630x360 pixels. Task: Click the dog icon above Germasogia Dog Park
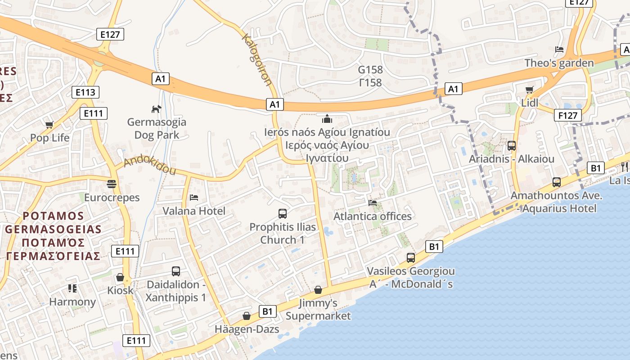tap(156, 109)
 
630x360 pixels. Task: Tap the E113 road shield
tap(85, 93)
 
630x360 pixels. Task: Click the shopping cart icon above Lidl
tap(530, 90)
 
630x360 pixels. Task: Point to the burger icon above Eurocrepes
tap(112, 184)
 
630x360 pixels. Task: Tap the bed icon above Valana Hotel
tap(194, 198)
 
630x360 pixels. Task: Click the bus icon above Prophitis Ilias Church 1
tap(283, 214)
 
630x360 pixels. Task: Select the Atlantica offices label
tap(372, 216)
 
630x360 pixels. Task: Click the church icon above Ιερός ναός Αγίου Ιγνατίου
tap(327, 119)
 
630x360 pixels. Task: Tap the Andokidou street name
tap(149, 165)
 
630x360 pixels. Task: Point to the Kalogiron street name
tap(257, 59)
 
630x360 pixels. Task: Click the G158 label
tap(370, 70)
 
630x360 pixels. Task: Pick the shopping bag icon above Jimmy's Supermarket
tap(318, 290)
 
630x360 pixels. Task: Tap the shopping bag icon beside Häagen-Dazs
tap(247, 316)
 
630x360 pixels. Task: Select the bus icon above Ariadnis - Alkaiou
tap(512, 146)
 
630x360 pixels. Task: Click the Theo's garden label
tap(559, 63)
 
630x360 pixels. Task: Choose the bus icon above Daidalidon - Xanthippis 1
tap(176, 271)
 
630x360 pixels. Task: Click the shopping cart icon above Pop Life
tap(49, 125)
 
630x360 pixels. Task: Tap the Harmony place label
tap(72, 302)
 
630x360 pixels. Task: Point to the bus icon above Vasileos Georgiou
tap(411, 258)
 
